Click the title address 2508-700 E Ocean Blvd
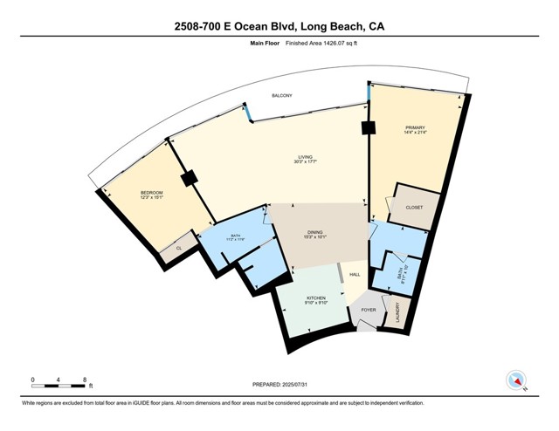[279, 26]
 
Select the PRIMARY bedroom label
[414, 127]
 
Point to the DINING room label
[314, 230]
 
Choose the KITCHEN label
[315, 298]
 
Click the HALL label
[355, 275]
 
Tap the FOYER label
[369, 309]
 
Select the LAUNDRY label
[398, 312]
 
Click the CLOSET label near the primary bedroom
[414, 208]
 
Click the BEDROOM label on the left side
[152, 192]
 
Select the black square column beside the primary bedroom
[369, 128]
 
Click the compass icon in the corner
[515, 380]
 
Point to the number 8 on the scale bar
[84, 379]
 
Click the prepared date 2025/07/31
[279, 384]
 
